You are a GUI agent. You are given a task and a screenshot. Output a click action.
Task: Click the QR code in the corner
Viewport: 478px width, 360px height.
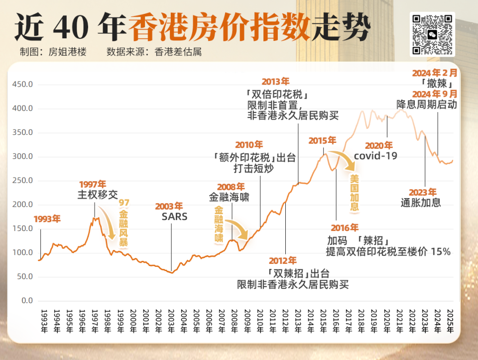432,34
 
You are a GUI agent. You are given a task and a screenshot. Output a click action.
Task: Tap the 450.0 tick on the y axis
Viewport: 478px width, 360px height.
23,85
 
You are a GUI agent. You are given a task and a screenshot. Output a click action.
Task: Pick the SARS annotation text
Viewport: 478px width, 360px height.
174,217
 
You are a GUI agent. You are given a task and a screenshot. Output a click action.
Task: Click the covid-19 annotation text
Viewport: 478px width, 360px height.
375,156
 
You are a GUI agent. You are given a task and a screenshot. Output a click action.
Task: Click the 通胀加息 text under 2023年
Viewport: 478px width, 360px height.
421,203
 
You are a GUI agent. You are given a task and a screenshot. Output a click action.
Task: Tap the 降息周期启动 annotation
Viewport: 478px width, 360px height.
427,105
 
